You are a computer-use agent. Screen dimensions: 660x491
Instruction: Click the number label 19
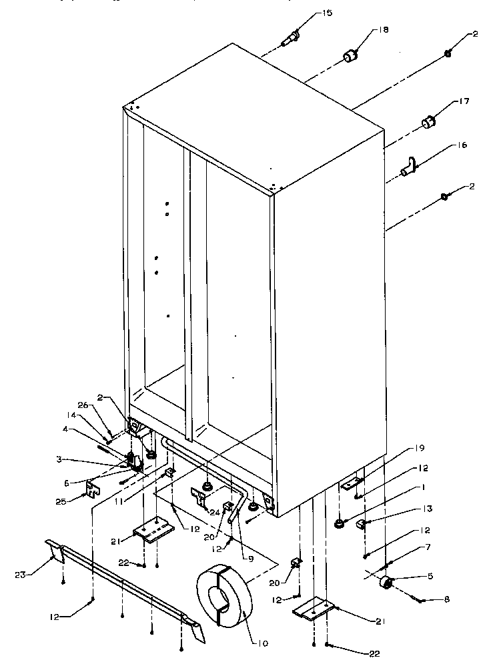(x=420, y=448)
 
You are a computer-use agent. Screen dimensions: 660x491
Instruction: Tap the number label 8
(x=446, y=599)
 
